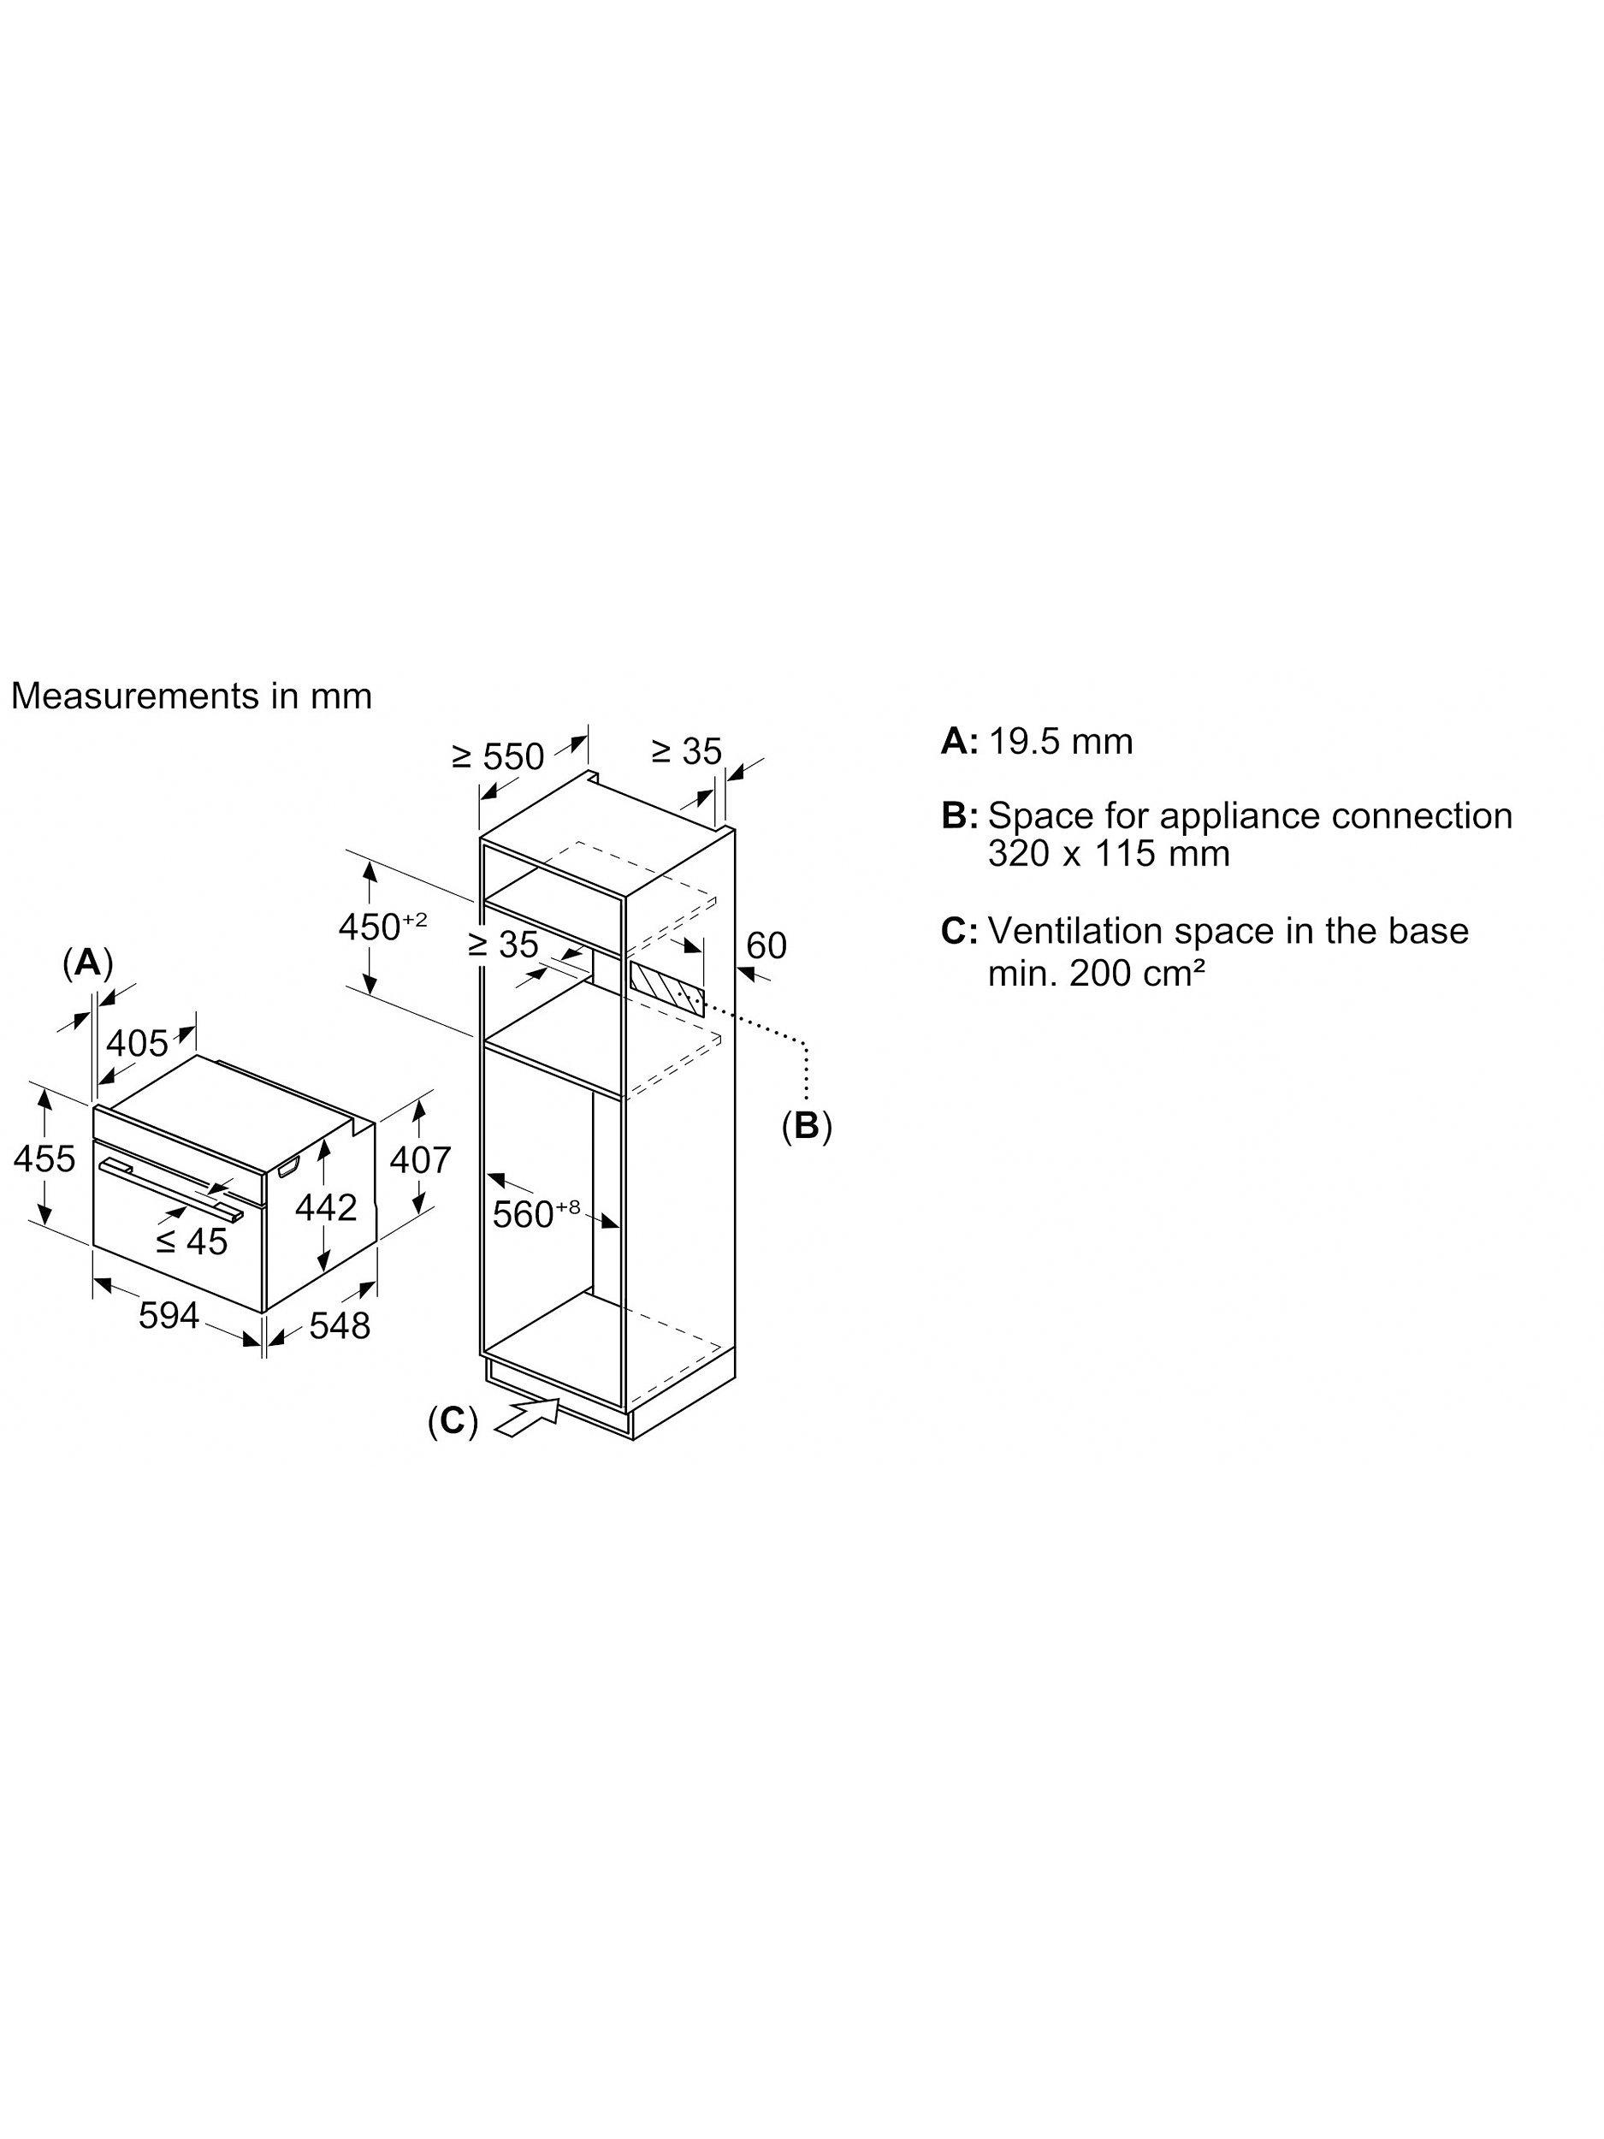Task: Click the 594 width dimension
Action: click(169, 1315)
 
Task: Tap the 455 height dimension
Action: click(44, 1158)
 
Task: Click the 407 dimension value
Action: click(420, 1159)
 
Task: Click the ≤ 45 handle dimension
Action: click(192, 1241)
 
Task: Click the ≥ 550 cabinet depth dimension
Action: click(498, 756)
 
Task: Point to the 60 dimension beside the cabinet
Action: click(766, 945)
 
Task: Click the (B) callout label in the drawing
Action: click(807, 1126)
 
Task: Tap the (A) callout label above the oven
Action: click(88, 963)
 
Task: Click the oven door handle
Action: click(170, 1188)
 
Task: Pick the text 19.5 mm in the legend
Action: click(1061, 742)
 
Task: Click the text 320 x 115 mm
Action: click(1109, 854)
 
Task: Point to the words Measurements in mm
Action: click(192, 696)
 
